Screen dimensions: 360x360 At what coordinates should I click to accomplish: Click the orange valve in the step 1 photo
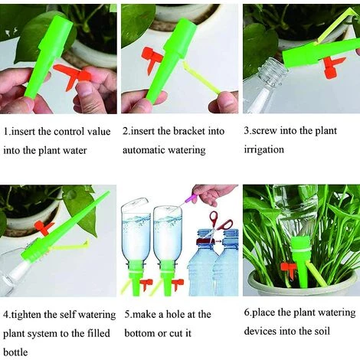[x=74, y=76]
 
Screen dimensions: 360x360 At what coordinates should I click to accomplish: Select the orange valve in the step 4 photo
[x=44, y=227]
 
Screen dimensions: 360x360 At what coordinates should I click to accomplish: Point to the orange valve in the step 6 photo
[x=289, y=269]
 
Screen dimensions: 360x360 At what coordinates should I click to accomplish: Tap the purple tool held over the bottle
[x=189, y=200]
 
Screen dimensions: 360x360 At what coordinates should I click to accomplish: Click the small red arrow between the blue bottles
[x=218, y=241]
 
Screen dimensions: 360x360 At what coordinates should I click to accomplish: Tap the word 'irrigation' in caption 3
[x=264, y=149]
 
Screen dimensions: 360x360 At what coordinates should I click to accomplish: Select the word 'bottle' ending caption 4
[x=15, y=352]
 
